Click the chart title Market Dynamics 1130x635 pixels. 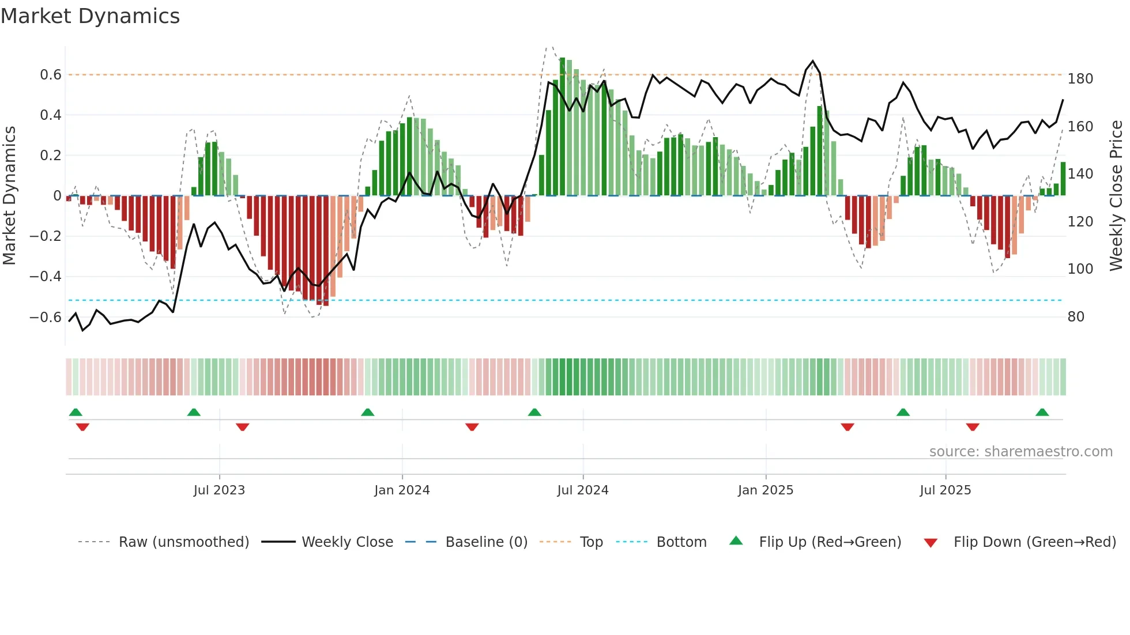tap(90, 16)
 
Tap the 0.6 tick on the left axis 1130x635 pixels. tap(51, 75)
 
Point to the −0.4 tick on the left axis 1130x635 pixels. tap(46, 277)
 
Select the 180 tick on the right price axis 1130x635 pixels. tap(1080, 79)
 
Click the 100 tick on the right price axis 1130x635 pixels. tap(1080, 269)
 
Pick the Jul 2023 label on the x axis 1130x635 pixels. tap(219, 490)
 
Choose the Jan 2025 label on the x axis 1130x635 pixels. tap(766, 490)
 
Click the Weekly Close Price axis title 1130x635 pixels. tap(1116, 196)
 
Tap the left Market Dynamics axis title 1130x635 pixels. tap(9, 196)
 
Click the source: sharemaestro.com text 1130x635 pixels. tap(1020, 452)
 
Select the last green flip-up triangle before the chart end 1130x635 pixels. tap(1042, 413)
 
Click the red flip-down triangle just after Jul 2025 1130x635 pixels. tap(973, 427)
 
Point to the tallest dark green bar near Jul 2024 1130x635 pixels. tap(562, 127)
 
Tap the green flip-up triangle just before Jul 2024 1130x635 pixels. tap(534, 413)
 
